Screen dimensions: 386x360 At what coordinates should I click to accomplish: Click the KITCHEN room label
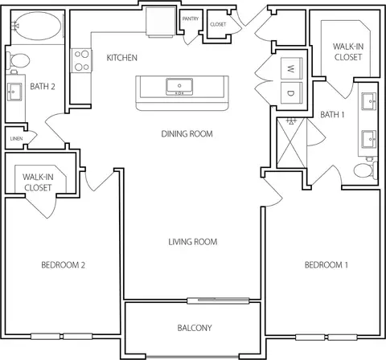[122, 58]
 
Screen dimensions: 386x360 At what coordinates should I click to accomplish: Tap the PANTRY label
[191, 18]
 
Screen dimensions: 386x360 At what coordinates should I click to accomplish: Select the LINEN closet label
[16, 138]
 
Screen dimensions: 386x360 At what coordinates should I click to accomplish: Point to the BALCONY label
[195, 328]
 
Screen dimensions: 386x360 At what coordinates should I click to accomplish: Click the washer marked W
[291, 68]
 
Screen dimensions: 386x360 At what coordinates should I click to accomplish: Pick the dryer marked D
[291, 93]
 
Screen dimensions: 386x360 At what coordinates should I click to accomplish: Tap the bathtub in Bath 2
[38, 27]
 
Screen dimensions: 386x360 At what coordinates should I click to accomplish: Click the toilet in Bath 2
[18, 60]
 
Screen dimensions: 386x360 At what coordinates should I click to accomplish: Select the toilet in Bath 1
[366, 170]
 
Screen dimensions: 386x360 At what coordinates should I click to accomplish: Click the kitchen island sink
[179, 87]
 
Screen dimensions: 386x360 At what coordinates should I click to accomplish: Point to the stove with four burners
[81, 60]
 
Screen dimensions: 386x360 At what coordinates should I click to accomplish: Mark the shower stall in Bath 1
[291, 143]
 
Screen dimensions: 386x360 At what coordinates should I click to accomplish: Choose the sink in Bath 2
[14, 92]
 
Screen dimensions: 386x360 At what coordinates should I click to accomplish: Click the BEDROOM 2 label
[64, 265]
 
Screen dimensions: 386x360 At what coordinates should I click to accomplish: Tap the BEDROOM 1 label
[326, 265]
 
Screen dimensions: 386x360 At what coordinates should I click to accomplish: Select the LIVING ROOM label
[193, 242]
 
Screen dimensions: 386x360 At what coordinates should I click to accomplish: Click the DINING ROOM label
[187, 133]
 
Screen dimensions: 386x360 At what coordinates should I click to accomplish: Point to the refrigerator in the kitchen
[161, 22]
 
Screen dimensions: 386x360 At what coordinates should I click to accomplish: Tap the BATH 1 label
[332, 115]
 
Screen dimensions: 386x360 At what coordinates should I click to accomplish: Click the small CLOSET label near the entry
[218, 24]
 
